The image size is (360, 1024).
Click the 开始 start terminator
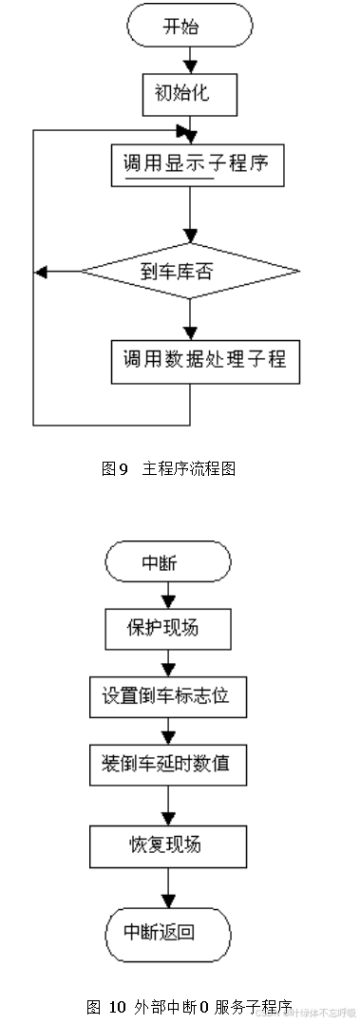[x=189, y=27]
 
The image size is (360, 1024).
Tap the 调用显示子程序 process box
[x=190, y=163]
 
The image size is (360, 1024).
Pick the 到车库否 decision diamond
[x=190, y=270]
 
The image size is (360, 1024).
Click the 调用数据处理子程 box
[x=190, y=360]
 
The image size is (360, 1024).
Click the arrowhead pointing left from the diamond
[x=40, y=270]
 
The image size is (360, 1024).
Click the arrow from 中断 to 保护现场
[x=168, y=595]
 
